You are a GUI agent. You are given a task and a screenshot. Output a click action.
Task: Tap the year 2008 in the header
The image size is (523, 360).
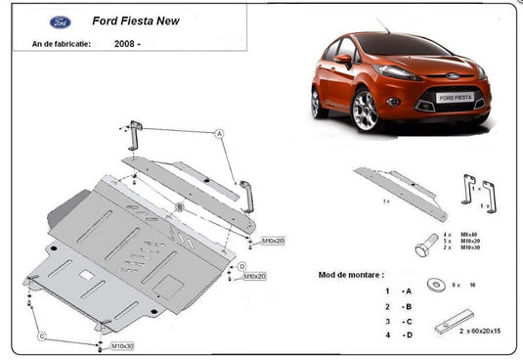[126, 44]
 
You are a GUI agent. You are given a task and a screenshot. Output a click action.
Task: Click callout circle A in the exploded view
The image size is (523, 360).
[220, 133]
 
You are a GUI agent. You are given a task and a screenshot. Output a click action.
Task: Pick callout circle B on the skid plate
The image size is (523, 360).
[180, 206]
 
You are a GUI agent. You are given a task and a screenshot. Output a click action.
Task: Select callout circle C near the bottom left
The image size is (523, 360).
[42, 336]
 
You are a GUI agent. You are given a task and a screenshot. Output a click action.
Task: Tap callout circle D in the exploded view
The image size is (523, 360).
[240, 265]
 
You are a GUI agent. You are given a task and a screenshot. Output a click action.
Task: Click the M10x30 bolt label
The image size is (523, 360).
[122, 346]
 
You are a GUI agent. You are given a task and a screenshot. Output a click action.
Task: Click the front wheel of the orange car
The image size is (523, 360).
[366, 110]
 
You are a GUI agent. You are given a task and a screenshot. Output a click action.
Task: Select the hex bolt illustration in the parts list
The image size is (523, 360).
[426, 244]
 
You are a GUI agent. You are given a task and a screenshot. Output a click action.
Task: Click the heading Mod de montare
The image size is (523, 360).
[351, 275]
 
